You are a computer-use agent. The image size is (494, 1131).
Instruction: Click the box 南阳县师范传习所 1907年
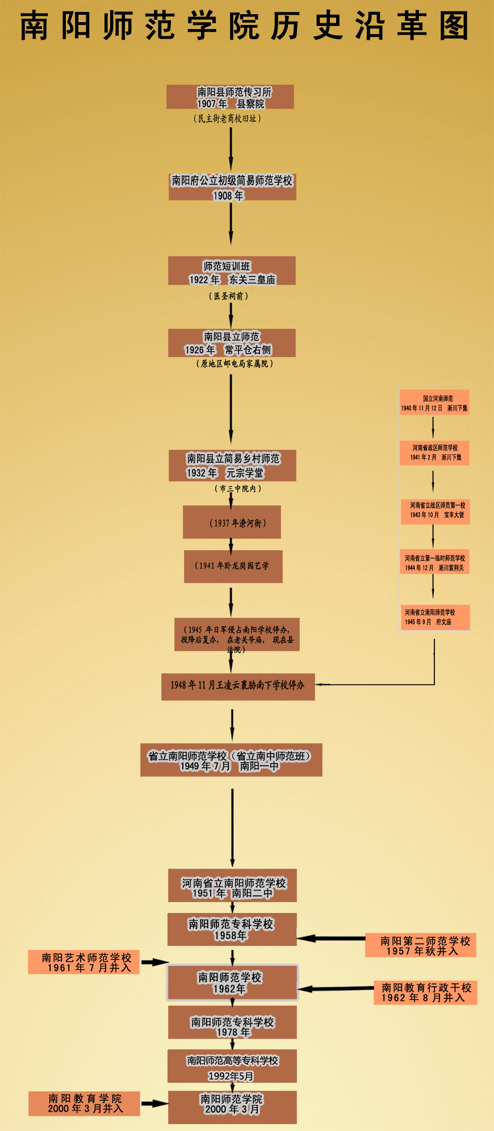(230, 97)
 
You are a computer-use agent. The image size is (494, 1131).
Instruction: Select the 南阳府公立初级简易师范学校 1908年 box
(232, 187)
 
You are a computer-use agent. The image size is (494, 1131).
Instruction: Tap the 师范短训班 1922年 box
(232, 271)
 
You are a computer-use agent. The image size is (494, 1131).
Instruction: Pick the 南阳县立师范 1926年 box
(232, 343)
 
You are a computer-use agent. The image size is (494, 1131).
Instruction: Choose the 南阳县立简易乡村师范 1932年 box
(232, 466)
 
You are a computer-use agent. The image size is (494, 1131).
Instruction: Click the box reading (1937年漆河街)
(232, 522)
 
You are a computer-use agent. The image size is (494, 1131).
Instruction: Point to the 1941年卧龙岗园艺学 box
(233, 566)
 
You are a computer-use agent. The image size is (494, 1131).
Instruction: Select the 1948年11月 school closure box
(238, 686)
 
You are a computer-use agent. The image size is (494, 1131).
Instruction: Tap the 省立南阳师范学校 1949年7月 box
(231, 760)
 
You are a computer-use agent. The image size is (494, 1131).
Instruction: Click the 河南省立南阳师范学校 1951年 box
(232, 885)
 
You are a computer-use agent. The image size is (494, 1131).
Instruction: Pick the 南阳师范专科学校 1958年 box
(232, 929)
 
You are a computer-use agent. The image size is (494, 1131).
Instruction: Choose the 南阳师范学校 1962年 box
(232, 982)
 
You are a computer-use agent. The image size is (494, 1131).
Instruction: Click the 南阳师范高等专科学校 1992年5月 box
(232, 1066)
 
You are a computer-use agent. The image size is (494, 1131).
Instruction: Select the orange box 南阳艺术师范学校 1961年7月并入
(84, 962)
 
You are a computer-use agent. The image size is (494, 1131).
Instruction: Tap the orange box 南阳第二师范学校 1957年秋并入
(420, 946)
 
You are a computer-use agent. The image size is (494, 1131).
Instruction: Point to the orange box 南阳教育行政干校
(425, 992)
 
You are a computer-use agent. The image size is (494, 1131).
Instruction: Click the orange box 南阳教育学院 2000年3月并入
(84, 1104)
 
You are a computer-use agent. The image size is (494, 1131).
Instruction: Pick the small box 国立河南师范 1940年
(434, 403)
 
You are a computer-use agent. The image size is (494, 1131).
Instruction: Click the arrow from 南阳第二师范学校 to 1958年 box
(330, 939)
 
